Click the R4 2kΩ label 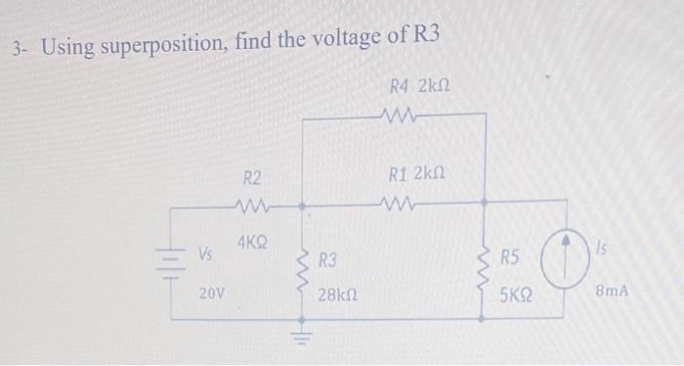coord(417,87)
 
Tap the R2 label coord(252,178)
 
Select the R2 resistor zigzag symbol coord(252,206)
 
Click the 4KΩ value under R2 coord(253,239)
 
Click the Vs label coord(206,253)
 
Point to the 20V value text coord(210,292)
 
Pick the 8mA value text coord(617,292)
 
